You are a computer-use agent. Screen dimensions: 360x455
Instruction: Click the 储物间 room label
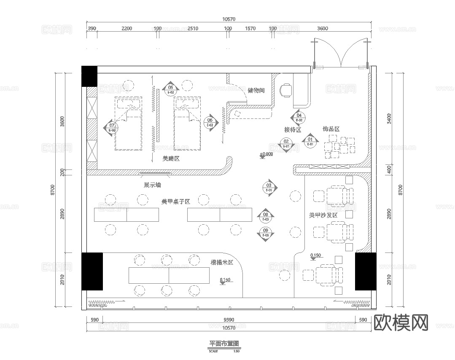pos(256,90)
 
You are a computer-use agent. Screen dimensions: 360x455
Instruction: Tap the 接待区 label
pos(292,129)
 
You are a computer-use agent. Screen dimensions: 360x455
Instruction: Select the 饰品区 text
pos(331,129)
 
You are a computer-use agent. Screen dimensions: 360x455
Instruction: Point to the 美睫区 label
pos(171,159)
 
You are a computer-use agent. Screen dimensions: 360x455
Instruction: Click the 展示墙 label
pos(152,185)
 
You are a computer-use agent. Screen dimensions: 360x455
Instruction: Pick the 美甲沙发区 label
pos(323,215)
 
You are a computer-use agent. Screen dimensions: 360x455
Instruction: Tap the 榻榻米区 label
pos(222,262)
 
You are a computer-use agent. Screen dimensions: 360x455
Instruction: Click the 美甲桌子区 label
pos(175,202)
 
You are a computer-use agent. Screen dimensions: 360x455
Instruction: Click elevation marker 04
pos(299,117)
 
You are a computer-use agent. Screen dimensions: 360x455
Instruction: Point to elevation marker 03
pos(269,187)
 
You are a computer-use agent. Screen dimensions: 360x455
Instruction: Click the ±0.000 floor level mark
pos(266,154)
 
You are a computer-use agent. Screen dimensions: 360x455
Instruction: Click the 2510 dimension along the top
pos(192,29)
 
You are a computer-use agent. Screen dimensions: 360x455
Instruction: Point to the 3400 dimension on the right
pos(388,119)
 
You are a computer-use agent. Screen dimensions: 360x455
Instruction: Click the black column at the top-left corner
pos(89,76)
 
